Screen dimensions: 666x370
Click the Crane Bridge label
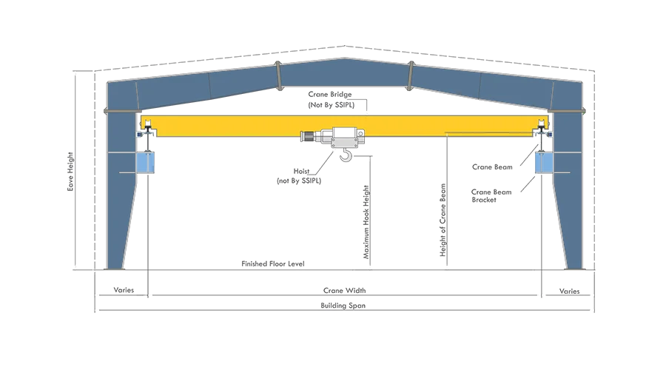pyautogui.click(x=330, y=94)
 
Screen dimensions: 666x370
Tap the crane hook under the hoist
pyautogui.click(x=346, y=155)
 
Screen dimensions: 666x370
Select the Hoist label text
pyautogui.click(x=302, y=171)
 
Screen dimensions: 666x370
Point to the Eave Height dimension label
pyautogui.click(x=70, y=172)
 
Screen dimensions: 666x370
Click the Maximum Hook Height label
pyautogui.click(x=366, y=222)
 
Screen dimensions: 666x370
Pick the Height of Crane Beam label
pyautogui.click(x=443, y=220)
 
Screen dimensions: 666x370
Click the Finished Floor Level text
pyautogui.click(x=272, y=263)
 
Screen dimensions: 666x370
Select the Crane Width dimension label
pyautogui.click(x=344, y=291)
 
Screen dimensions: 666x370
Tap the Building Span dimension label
pyautogui.click(x=343, y=306)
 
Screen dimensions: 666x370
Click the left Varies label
pyautogui.click(x=124, y=290)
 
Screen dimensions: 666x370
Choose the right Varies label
pyautogui.click(x=569, y=291)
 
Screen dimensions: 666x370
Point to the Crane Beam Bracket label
pyautogui.click(x=491, y=196)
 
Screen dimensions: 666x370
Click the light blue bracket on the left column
pyautogui.click(x=145, y=163)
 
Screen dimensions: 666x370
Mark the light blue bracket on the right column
pyautogui.click(x=544, y=163)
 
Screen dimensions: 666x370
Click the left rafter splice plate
pyautogui.click(x=278, y=76)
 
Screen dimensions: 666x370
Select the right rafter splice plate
pyautogui.click(x=410, y=76)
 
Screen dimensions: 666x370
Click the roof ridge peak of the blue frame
pyautogui.click(x=344, y=59)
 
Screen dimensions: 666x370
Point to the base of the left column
pyautogui.click(x=115, y=267)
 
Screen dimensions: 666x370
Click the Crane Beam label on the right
pyautogui.click(x=492, y=167)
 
